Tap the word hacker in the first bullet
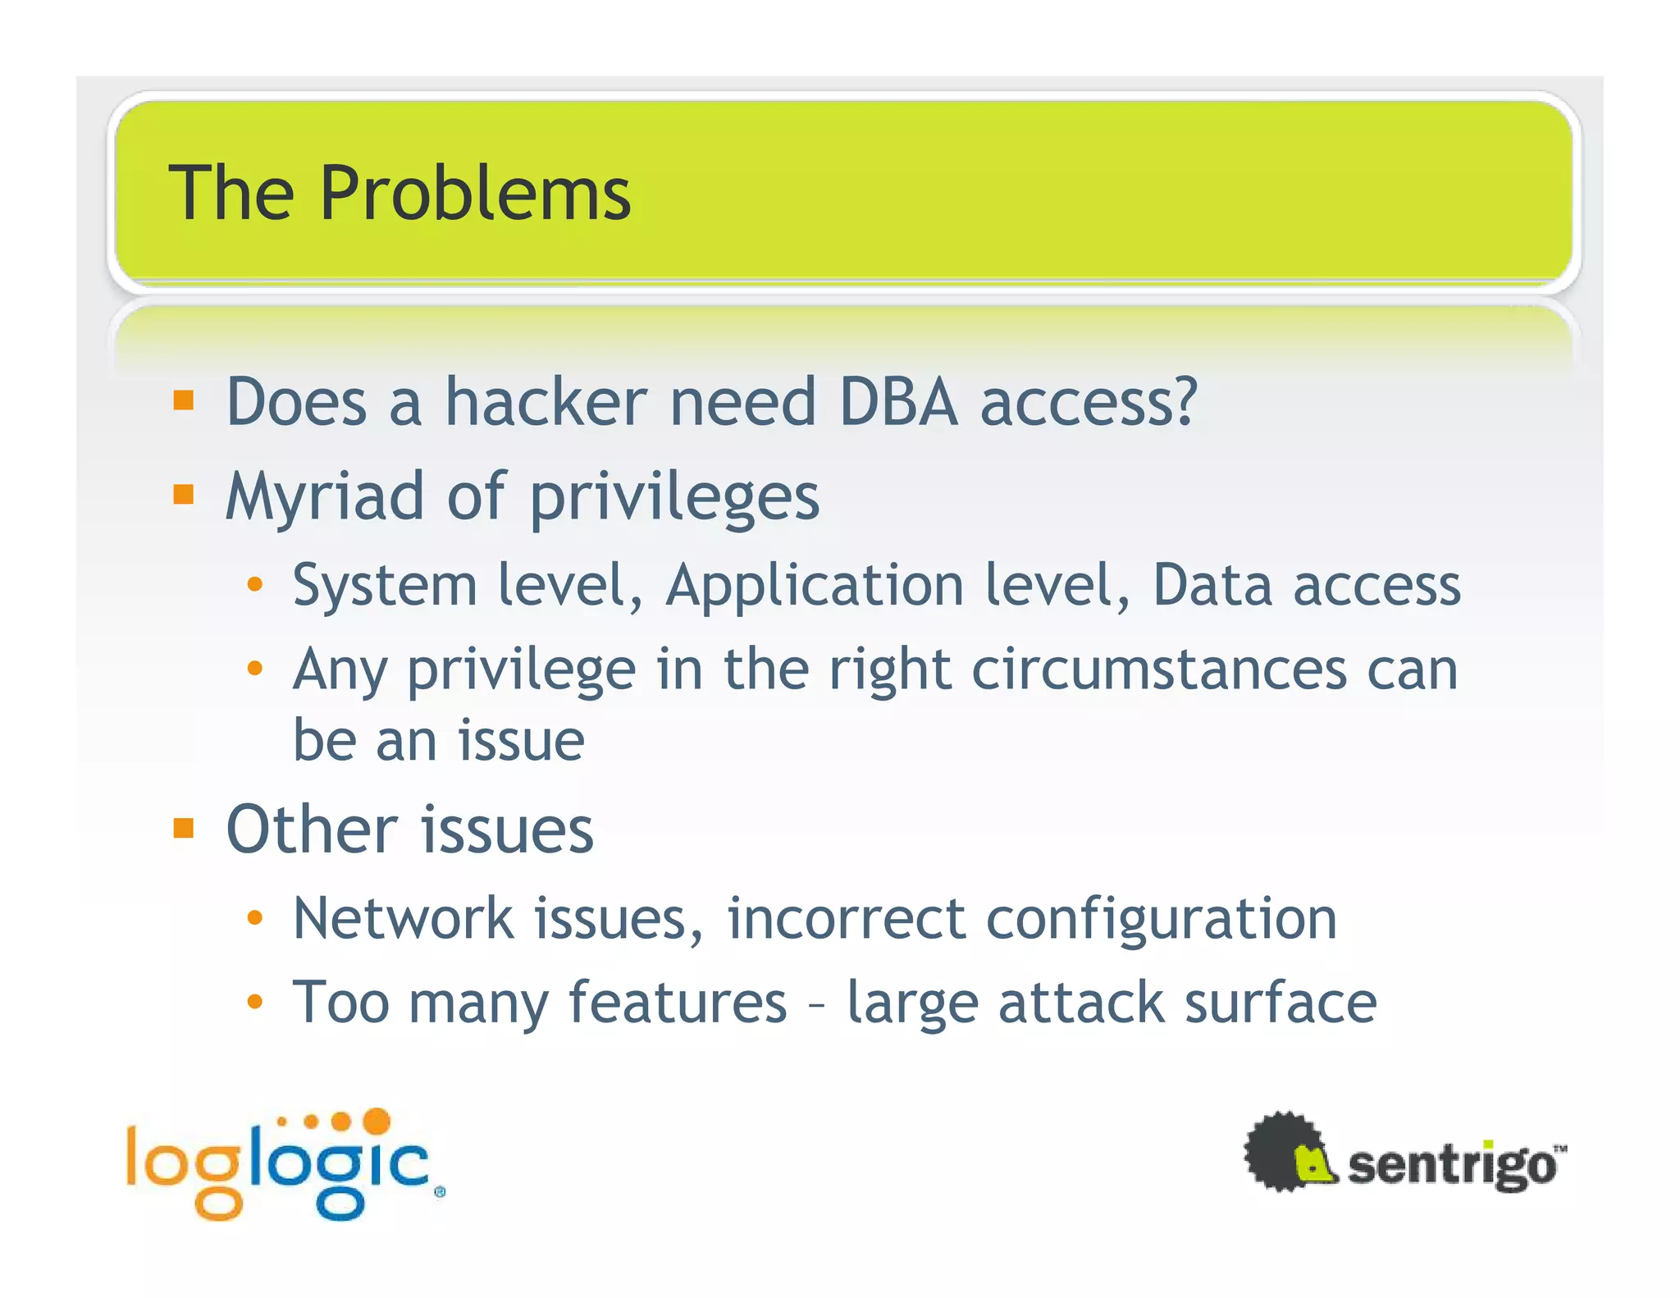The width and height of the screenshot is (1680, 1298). coord(546,402)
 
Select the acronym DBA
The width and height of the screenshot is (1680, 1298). coord(898,402)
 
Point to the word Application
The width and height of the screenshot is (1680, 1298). coord(815,586)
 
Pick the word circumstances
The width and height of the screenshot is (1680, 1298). coord(1158,670)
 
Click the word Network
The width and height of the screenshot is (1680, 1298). coord(403,918)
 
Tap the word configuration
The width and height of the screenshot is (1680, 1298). coord(1161,920)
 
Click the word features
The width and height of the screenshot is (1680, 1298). coord(678,1003)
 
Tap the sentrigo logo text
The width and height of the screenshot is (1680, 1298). coord(1453,1165)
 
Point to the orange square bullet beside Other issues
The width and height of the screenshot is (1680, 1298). coord(184,828)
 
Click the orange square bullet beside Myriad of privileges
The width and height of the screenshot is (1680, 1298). coord(184,495)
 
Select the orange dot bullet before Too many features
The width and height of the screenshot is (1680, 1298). coord(255,1002)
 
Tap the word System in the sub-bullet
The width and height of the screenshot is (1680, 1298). coord(385,586)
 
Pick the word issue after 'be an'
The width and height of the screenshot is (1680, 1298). coord(521,741)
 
